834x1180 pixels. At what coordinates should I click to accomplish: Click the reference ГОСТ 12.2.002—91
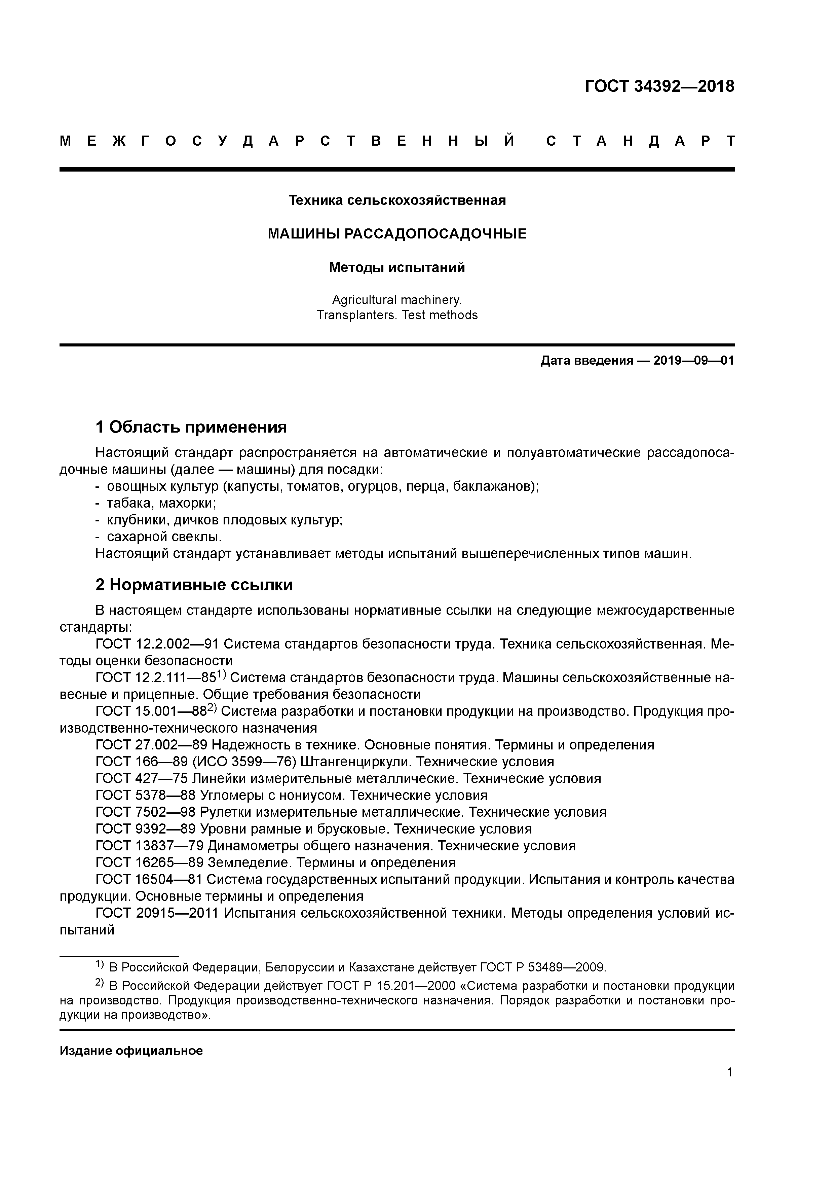tap(158, 644)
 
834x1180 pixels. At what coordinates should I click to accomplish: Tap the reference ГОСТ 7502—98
tap(145, 812)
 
